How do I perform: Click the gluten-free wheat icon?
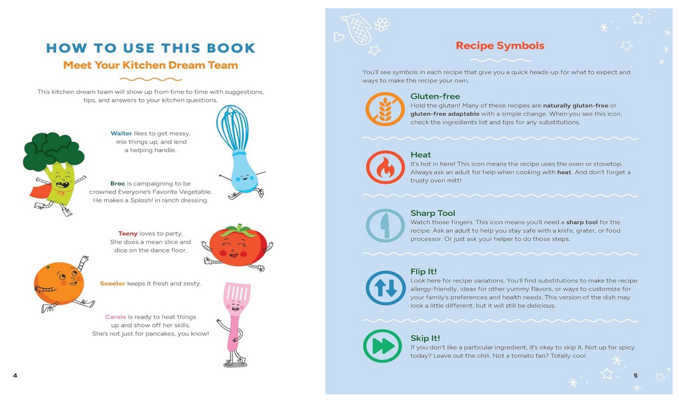pyautogui.click(x=385, y=109)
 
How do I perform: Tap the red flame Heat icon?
pyautogui.click(x=385, y=167)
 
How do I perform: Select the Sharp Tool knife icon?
pyautogui.click(x=385, y=225)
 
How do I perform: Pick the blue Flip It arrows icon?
pyautogui.click(x=386, y=288)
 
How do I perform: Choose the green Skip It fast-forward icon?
pyautogui.click(x=382, y=346)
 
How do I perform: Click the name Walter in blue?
pyautogui.click(x=121, y=134)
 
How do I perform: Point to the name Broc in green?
pyautogui.click(x=117, y=183)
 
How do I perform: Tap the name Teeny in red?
pyautogui.click(x=128, y=234)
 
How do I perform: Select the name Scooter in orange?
pyautogui.click(x=112, y=283)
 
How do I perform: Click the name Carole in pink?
pyautogui.click(x=116, y=317)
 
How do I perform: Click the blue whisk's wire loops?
pyautogui.click(x=232, y=128)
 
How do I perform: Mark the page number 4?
pyautogui.click(x=15, y=376)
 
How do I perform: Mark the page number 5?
pyautogui.click(x=636, y=376)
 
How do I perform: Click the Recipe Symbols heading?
pyautogui.click(x=500, y=46)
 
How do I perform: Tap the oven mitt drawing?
pyautogui.click(x=358, y=29)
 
